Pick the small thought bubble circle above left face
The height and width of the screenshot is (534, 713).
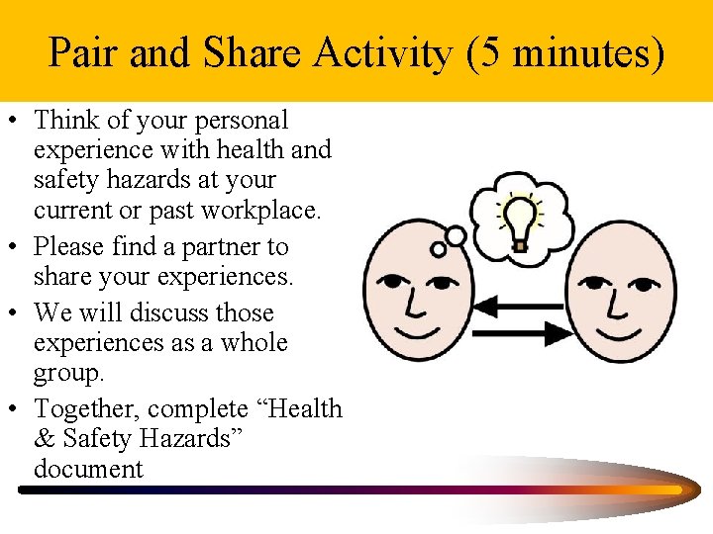pos(455,236)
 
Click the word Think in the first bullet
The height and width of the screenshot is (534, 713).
pos(64,121)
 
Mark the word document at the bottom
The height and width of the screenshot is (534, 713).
pos(88,468)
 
